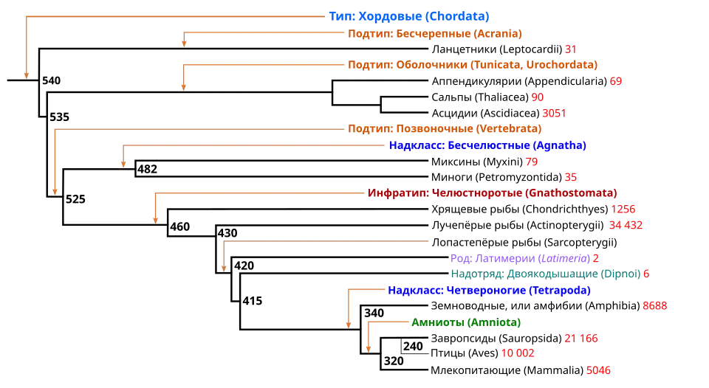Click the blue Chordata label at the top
[x=408, y=15]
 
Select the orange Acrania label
[x=436, y=35]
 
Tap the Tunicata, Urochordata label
[x=474, y=65]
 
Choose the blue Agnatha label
[x=488, y=146]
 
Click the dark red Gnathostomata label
[x=493, y=193]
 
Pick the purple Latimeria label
[x=520, y=259]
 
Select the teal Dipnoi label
[x=547, y=274]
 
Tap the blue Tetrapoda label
[x=488, y=291]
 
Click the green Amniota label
[x=466, y=322]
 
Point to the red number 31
[x=570, y=49]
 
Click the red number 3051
[x=554, y=114]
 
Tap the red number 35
[x=570, y=178]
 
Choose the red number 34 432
[x=626, y=225]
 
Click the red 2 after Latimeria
[x=595, y=259]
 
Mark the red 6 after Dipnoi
[x=645, y=274]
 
